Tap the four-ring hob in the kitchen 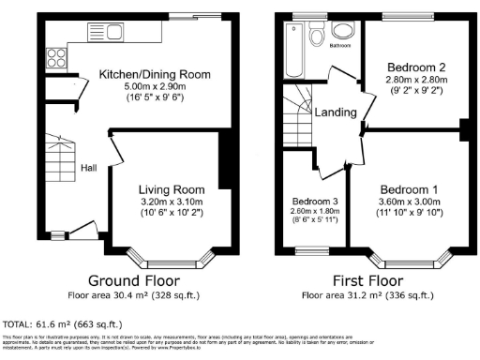(x=53, y=54)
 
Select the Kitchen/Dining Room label (x=156, y=74)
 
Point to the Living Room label (x=172, y=188)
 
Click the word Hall (x=87, y=168)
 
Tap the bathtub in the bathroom (x=293, y=52)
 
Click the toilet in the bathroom (x=318, y=36)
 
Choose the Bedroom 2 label (x=415, y=68)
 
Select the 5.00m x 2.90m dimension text (x=156, y=85)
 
